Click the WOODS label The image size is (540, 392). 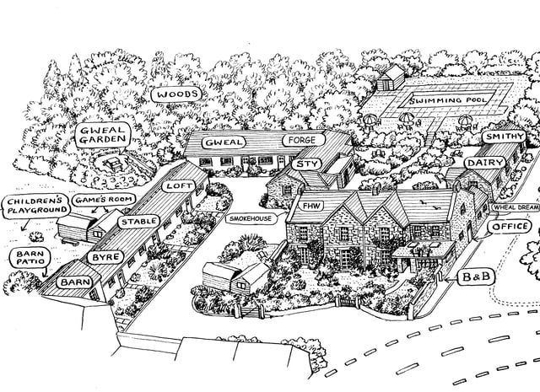tap(176, 94)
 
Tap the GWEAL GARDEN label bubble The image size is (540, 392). tap(103, 135)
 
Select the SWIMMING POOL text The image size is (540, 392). tap(448, 100)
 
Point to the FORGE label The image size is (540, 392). tap(303, 140)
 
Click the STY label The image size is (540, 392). tap(306, 164)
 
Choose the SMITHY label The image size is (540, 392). tap(505, 137)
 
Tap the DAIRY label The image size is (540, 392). tap(486, 163)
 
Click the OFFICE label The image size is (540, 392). tap(510, 227)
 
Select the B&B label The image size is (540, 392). tap(476, 277)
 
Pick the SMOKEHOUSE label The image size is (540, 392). tap(251, 218)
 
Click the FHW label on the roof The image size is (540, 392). tap(311, 207)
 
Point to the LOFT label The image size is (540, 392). tap(179, 186)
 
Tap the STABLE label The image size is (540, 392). tap(139, 222)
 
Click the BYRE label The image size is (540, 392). tap(105, 257)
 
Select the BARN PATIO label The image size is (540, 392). tap(30, 258)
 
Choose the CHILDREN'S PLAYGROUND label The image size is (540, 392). tap(36, 207)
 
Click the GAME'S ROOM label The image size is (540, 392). tap(104, 200)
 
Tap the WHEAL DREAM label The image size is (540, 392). tap(516, 207)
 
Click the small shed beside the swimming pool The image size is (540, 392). tap(391, 78)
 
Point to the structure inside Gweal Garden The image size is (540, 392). tap(114, 164)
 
